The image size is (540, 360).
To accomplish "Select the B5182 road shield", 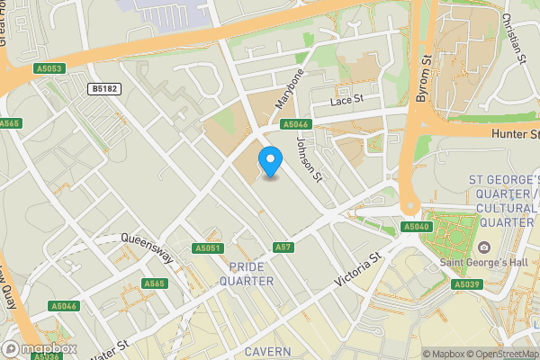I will [105, 88].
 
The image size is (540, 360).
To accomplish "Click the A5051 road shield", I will [207, 247].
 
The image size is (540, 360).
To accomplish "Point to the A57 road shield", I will [283, 247].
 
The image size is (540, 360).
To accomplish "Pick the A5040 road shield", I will [416, 227].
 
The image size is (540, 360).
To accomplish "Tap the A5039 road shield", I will [465, 284].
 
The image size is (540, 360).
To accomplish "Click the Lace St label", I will [346, 100].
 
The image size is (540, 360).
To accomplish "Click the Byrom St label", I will [420, 79].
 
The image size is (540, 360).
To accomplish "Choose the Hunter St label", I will [515, 134].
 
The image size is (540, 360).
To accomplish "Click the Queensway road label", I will [146, 240].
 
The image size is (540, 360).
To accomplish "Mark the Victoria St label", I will [358, 270].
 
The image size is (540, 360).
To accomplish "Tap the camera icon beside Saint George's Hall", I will [484, 247].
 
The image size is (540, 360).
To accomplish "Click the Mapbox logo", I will [39, 349].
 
